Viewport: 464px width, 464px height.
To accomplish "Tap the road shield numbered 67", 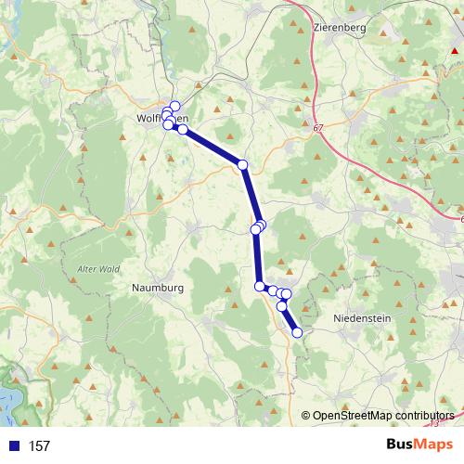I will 319,127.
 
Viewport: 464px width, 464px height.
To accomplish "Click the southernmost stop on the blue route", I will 297,332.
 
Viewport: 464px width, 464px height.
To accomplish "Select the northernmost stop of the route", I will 174,106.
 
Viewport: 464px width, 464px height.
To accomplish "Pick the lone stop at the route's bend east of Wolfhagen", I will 243,164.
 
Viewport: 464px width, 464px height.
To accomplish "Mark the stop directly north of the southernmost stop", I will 282,305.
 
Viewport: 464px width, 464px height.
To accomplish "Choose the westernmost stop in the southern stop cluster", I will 261,287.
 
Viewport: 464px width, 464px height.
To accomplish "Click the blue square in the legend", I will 14,446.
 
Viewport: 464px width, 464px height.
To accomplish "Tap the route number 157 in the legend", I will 39,446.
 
